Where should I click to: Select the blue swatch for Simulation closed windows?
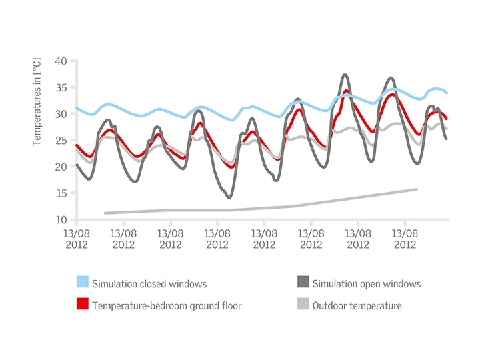coord(83,283)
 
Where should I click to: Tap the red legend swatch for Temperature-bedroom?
coord(83,305)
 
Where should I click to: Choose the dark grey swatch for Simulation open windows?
coord(302,283)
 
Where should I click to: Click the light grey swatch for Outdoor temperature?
coord(302,305)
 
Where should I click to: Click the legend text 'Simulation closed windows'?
coord(149,284)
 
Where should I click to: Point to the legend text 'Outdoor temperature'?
coord(357,306)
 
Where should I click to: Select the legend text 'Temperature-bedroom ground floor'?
coord(167,306)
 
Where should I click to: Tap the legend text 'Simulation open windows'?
coord(367,284)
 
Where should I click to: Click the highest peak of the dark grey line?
coord(345,75)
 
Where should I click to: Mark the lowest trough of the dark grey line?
coord(229,197)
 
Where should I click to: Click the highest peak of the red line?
coord(346,91)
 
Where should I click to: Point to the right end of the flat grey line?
coord(417,189)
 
